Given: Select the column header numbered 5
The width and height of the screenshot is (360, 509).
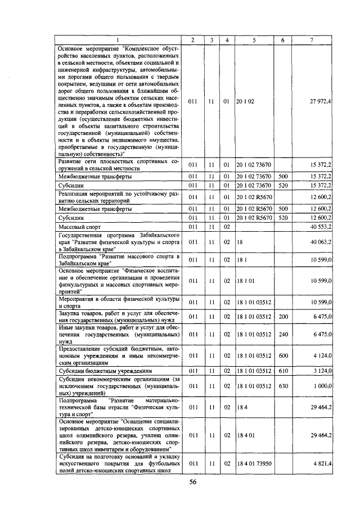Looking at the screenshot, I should coord(254,40).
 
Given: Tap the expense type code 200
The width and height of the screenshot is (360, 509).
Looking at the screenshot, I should coord(283,317).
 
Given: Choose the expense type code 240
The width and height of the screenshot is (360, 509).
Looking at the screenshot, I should coord(283,334).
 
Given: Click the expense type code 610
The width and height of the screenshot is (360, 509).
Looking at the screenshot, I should coord(283,371).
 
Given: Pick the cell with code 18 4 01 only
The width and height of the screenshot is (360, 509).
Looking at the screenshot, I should coord(245,435).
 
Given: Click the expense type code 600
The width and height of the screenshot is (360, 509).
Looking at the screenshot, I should coord(283,355).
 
